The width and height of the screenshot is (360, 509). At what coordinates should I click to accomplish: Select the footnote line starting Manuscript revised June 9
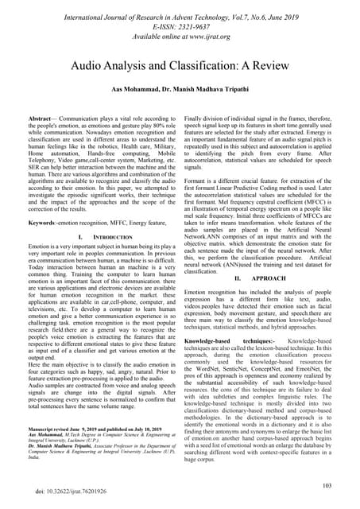coord(104,449)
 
